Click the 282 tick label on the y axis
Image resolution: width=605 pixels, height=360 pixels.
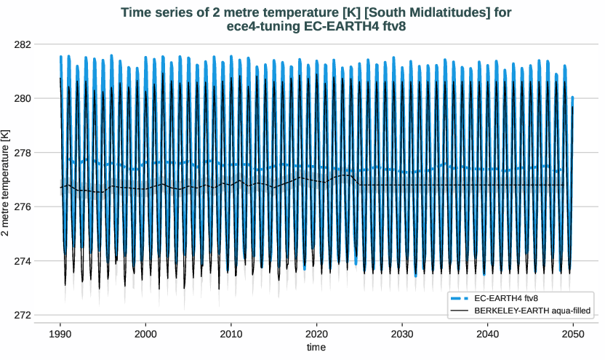(23, 44)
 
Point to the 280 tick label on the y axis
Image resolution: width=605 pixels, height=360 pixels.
(23, 98)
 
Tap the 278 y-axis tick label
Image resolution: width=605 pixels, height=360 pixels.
(23, 153)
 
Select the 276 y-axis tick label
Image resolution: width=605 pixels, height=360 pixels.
(23, 207)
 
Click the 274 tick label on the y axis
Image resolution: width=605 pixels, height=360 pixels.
(23, 261)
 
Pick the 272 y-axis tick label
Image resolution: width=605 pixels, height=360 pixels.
(23, 316)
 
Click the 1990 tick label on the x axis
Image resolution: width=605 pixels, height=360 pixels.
(60, 332)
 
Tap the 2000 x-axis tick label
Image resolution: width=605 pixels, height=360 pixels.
(145, 332)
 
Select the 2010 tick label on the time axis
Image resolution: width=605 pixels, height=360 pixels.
(231, 332)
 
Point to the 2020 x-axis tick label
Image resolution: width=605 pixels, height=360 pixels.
(316, 332)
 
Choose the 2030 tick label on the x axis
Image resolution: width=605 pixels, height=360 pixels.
(402, 332)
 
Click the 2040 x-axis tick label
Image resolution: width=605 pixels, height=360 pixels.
(487, 332)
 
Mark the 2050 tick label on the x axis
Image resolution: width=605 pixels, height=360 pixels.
(573, 332)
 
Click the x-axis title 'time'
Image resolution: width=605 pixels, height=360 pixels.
(316, 348)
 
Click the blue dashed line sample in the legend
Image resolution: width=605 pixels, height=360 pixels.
(460, 299)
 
